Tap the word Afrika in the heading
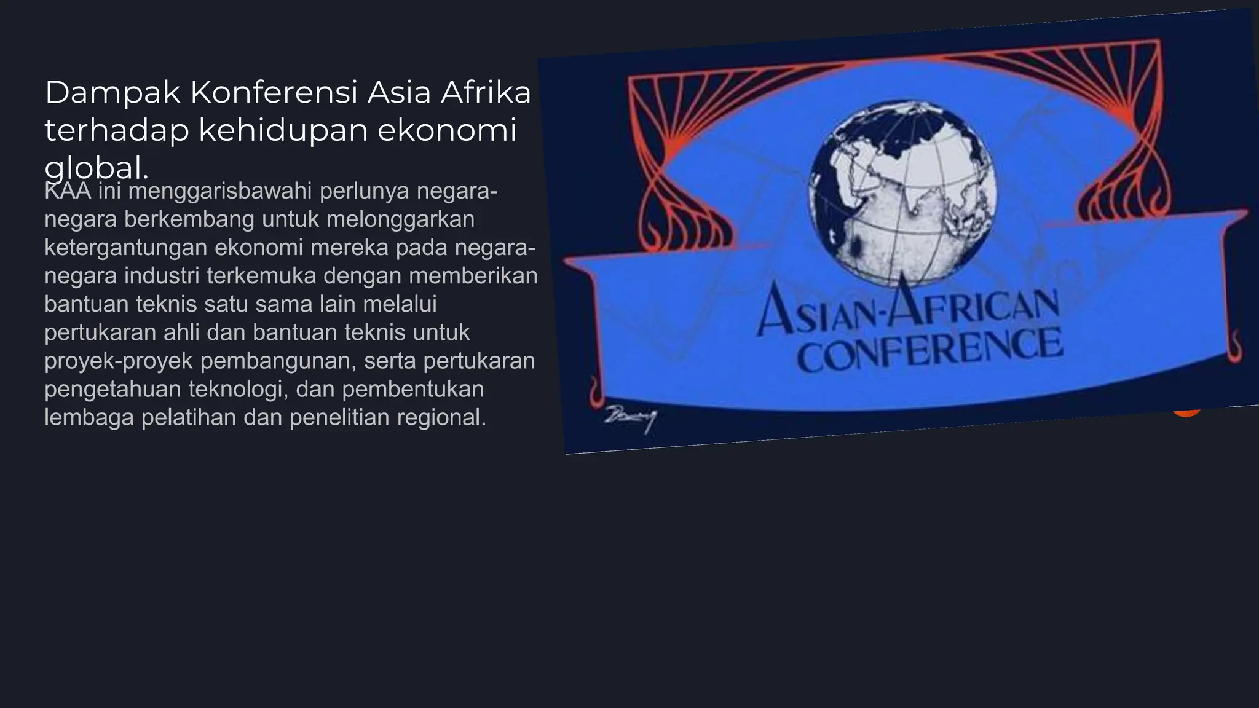pos(486,93)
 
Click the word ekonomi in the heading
pos(447,130)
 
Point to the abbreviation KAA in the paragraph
pos(68,192)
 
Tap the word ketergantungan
pos(125,248)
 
